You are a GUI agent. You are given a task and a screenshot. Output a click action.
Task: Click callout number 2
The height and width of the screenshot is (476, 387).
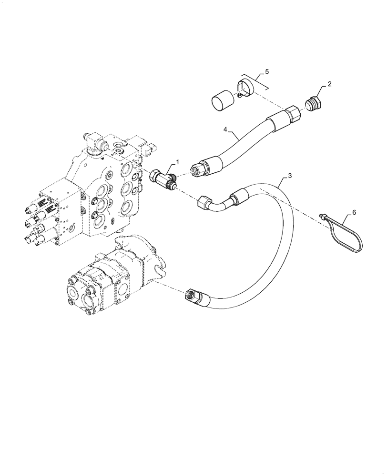pos(329,84)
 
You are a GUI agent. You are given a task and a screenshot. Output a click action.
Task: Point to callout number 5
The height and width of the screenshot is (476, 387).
pos(266,72)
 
